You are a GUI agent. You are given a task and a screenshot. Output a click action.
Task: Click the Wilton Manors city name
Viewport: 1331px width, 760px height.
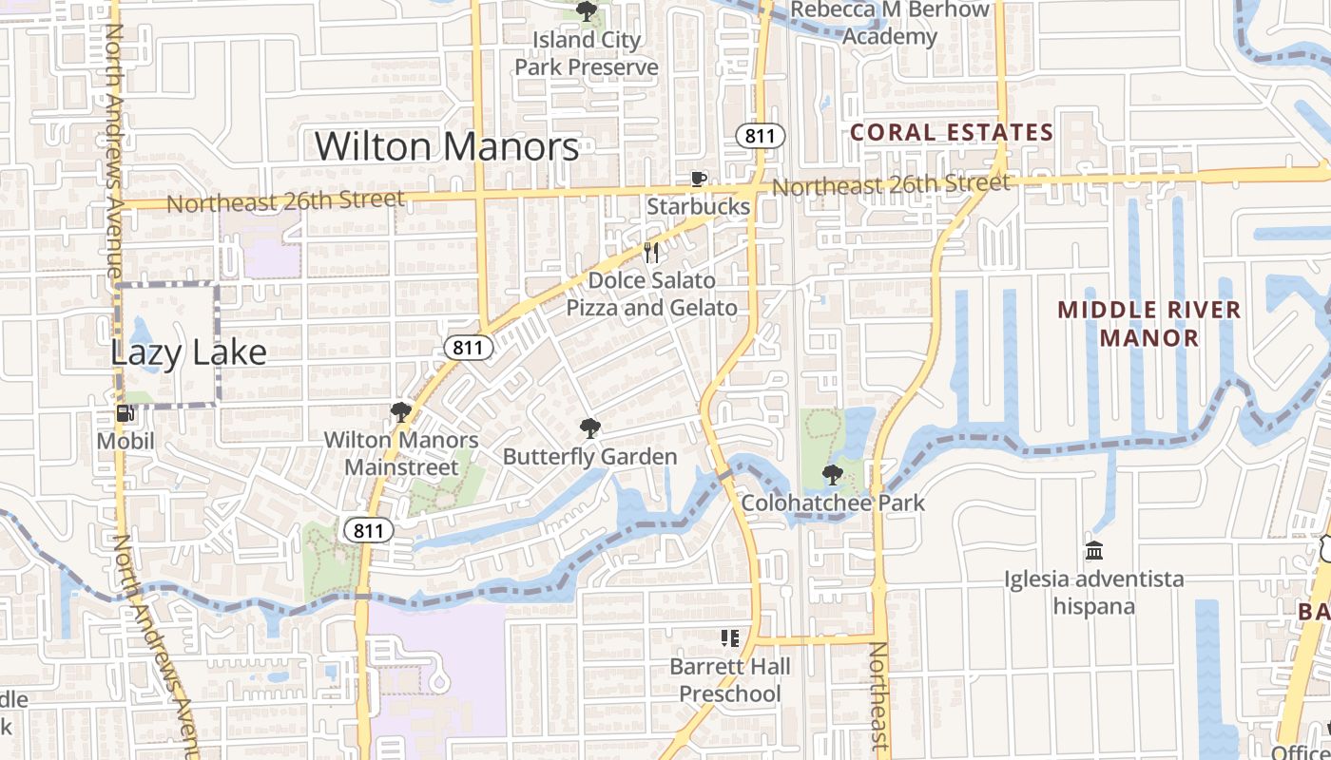[447, 146]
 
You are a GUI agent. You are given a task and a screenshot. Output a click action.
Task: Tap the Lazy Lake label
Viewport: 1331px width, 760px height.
[188, 352]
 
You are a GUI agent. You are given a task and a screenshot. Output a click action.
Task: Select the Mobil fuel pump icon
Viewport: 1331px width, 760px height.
[125, 413]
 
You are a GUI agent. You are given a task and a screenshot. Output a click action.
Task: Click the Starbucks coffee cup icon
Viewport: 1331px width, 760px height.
[699, 180]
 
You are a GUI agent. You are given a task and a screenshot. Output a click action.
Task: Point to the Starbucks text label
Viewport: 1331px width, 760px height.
[699, 206]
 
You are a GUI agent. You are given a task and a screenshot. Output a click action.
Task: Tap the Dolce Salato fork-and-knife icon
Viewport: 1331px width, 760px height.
[651, 253]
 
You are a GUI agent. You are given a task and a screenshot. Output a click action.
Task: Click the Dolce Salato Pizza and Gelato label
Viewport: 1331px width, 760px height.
[652, 294]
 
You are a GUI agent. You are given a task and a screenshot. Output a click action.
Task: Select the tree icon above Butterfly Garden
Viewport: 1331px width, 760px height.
[589, 428]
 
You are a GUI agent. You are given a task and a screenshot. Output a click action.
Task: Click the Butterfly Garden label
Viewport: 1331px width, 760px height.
[589, 457]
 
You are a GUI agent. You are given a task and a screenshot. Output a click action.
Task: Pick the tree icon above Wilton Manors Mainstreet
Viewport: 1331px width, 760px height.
[400, 412]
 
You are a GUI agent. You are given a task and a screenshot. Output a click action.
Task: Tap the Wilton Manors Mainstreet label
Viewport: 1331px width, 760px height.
[401, 454]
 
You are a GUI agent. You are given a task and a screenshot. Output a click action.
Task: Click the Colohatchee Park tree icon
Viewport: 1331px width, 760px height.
[832, 475]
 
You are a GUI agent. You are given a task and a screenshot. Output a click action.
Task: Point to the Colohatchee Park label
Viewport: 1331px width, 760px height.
[833, 503]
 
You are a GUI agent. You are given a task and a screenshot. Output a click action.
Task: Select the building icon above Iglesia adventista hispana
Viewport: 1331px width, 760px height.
[1094, 551]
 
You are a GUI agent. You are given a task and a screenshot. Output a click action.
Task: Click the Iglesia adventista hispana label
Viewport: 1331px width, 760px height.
[1095, 593]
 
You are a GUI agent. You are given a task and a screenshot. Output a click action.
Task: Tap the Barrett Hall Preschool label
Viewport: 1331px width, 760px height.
[730, 680]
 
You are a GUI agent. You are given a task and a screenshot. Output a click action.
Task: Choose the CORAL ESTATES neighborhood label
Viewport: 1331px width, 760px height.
[952, 132]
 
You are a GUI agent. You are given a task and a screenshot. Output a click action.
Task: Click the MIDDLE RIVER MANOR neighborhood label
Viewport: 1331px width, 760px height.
[1149, 324]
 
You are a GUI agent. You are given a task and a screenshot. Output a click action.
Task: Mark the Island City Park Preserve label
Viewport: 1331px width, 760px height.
[587, 53]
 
